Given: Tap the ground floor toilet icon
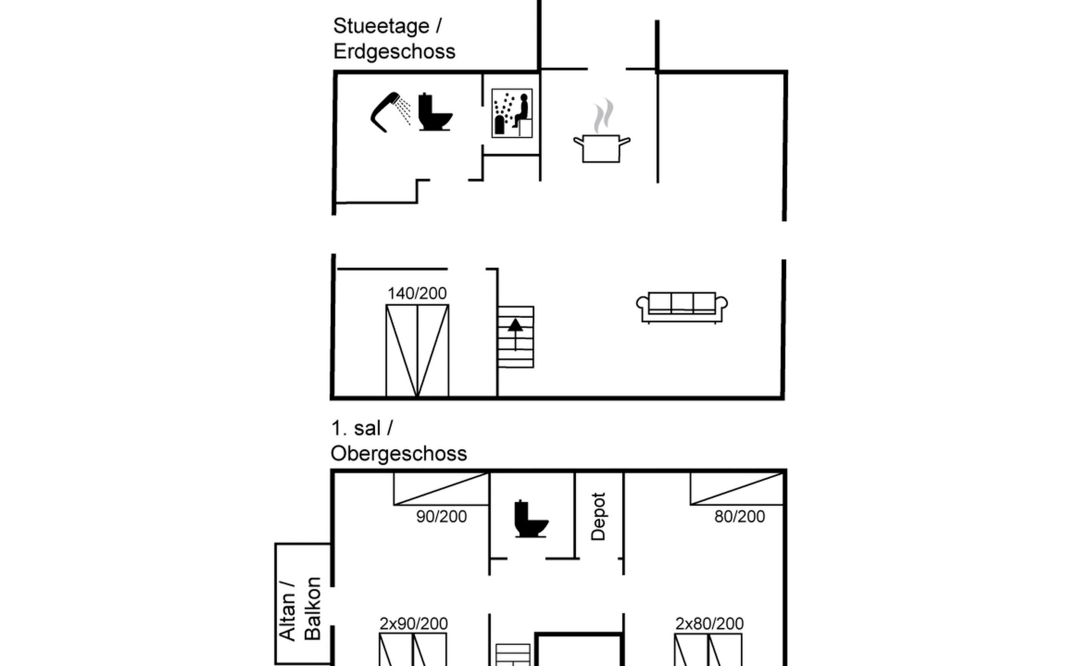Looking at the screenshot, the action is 435,112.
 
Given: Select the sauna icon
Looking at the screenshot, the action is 512,113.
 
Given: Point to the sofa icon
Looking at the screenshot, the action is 682,307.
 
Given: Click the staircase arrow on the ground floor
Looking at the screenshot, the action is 515,334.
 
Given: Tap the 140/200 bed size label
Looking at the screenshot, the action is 417,293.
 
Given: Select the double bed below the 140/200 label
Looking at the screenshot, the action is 418,351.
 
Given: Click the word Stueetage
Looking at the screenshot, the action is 381,26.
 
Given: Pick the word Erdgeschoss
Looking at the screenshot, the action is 394,52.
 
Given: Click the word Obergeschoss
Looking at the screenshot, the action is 399,454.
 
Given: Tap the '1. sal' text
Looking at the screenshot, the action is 356,428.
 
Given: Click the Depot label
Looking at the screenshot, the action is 598,516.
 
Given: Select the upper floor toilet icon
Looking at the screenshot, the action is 531,519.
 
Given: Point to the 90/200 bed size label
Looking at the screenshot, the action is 441,517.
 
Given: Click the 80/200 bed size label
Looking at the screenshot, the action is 740,517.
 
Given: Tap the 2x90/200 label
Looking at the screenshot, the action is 414,624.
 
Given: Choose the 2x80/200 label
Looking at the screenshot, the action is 710,624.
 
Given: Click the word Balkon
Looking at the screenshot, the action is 313,608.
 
